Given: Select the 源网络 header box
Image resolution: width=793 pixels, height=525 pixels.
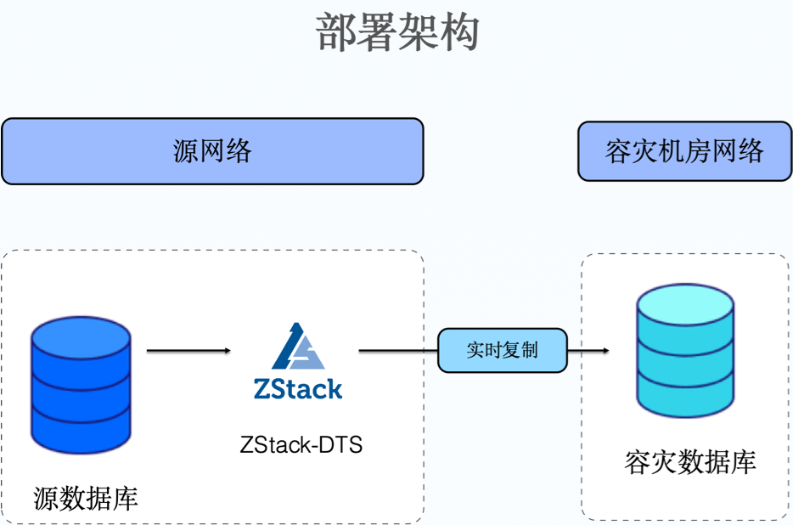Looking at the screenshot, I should coord(212,151).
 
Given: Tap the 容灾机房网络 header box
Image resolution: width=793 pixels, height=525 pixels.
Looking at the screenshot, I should coord(684,151).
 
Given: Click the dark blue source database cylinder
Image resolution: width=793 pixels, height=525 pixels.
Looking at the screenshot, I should coord(81,387).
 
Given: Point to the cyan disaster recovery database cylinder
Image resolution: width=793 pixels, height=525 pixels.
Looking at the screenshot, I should coord(685,352).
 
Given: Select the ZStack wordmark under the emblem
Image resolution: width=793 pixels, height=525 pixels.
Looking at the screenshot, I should coord(298,389).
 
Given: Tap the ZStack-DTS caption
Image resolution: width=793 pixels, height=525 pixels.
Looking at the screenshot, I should coord(301,443).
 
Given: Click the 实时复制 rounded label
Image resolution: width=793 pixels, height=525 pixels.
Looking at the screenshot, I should coord(502,350).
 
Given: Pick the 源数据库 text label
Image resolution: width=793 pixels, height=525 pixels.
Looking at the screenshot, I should coord(86,499).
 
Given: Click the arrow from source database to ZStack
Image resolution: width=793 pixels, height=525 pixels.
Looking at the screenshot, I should coord(188,350).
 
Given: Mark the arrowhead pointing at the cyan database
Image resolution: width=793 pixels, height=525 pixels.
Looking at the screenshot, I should coord(605,350).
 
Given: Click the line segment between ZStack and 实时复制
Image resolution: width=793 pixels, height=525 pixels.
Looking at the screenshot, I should coord(397,350).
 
